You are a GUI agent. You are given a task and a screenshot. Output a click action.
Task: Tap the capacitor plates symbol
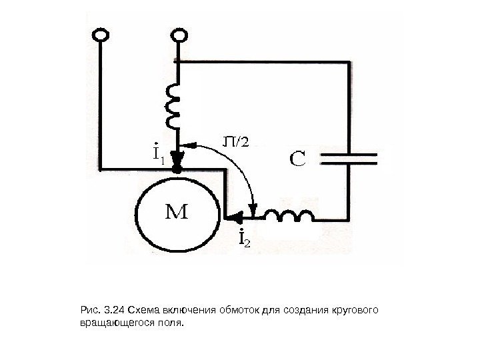349,158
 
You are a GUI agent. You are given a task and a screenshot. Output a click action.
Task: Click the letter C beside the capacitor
297,160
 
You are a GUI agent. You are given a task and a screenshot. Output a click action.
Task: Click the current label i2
244,237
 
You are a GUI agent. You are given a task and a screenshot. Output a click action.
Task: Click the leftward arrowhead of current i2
233,215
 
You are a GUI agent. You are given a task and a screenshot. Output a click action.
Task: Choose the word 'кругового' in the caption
355,310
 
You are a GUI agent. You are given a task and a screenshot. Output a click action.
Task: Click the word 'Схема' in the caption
145,310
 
